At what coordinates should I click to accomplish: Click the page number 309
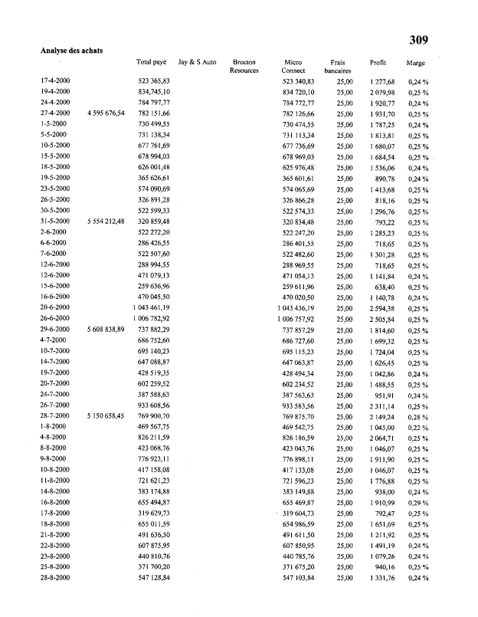[x=418, y=40]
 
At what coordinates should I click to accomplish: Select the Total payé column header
[x=151, y=61]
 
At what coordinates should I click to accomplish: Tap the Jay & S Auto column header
[x=197, y=61]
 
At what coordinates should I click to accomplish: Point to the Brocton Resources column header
[x=244, y=66]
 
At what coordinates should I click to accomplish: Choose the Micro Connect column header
[x=293, y=66]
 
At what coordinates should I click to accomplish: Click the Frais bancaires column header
[x=337, y=66]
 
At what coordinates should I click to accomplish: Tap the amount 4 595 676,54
[x=106, y=113]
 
